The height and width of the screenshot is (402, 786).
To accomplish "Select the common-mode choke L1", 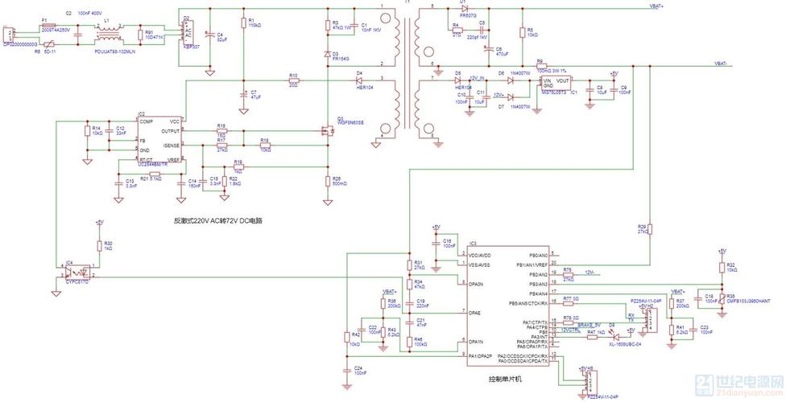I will click(x=106, y=35).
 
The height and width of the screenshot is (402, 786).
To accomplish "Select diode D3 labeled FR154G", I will click(x=327, y=55).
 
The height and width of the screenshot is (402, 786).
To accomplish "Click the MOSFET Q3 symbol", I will click(x=326, y=132).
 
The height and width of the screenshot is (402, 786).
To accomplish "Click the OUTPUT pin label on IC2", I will click(x=170, y=130).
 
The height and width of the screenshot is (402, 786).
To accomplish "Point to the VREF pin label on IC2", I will click(x=174, y=159).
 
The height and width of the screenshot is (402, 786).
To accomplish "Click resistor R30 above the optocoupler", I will click(x=99, y=245).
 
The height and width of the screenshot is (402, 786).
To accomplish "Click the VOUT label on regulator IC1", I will click(x=562, y=81).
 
